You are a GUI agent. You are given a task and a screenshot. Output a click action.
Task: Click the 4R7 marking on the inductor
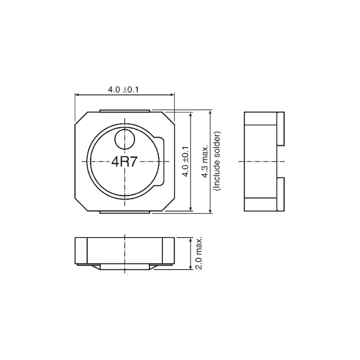124,162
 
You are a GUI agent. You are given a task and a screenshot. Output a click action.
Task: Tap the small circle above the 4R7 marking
125,139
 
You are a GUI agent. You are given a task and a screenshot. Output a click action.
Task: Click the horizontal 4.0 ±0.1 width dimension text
123,90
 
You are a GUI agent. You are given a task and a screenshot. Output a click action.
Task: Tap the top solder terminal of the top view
124,110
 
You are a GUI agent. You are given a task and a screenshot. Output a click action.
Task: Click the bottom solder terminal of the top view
124,211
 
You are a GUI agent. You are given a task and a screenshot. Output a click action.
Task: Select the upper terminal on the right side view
281,129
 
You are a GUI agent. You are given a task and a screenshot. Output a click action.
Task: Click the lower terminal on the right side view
281,194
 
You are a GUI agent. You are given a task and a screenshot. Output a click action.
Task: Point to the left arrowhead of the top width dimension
77,95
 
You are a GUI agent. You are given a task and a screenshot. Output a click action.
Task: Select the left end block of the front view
81,250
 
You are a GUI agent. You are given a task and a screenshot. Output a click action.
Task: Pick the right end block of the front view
168,250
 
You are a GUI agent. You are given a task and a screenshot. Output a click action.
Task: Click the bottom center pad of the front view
124,267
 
